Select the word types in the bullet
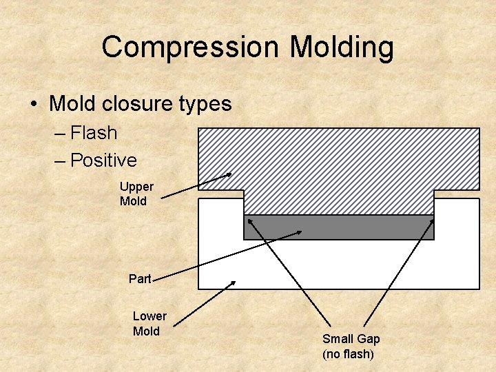[x=205, y=104]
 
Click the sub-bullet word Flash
[x=94, y=132]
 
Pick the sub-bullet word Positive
[x=103, y=161]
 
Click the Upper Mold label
[x=136, y=194]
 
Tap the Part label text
[x=140, y=279]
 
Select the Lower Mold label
[x=149, y=323]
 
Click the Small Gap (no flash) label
[x=351, y=346]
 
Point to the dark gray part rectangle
[x=339, y=227]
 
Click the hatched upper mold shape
[x=338, y=165]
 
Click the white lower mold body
[x=338, y=265]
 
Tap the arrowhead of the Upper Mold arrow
[x=229, y=174]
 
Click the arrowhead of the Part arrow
[x=298, y=232]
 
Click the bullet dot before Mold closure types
[x=33, y=105]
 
